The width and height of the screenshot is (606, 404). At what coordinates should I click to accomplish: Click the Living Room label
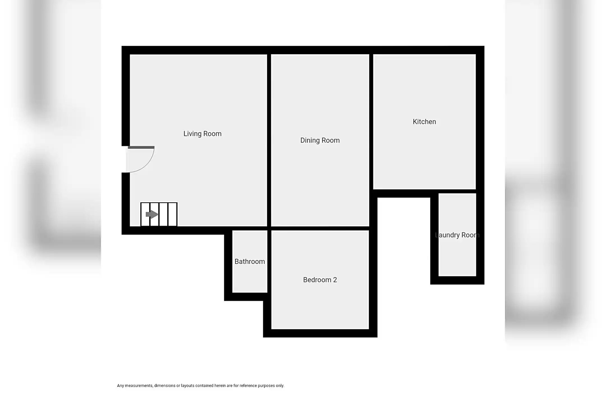click(x=202, y=134)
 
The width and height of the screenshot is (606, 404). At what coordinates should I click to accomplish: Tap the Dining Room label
click(x=320, y=140)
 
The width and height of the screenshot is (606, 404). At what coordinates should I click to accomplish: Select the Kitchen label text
click(x=424, y=122)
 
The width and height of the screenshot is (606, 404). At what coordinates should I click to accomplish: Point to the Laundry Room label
click(x=457, y=235)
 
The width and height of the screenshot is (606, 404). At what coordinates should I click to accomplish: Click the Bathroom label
click(x=250, y=261)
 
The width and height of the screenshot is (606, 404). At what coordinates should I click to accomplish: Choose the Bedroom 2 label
click(x=320, y=280)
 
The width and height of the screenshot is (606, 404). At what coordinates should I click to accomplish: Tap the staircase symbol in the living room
click(x=159, y=214)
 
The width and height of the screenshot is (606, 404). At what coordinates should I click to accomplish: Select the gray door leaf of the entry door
click(x=141, y=147)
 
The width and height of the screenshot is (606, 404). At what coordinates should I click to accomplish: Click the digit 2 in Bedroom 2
click(x=335, y=280)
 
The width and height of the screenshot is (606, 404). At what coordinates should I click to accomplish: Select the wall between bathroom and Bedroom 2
click(x=269, y=261)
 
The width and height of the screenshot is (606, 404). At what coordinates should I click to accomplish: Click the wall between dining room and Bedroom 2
click(x=320, y=228)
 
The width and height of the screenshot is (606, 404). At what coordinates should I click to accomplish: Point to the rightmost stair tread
click(x=173, y=214)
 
